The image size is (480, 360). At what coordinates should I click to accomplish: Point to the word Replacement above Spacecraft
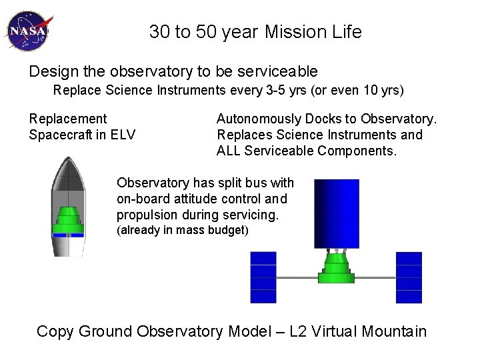click(x=67, y=119)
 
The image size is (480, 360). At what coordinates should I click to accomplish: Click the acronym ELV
click(x=122, y=135)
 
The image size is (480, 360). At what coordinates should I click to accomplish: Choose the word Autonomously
click(x=259, y=119)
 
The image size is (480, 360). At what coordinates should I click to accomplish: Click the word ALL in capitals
click(x=230, y=151)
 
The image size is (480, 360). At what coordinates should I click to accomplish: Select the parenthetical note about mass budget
click(x=182, y=231)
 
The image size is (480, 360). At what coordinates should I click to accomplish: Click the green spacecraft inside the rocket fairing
click(x=68, y=221)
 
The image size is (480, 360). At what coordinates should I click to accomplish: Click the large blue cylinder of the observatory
click(x=336, y=213)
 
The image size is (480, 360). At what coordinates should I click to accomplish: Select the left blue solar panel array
click(x=263, y=277)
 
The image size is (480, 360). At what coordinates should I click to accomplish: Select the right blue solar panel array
click(x=409, y=277)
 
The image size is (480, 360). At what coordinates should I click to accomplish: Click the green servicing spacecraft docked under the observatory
click(x=336, y=267)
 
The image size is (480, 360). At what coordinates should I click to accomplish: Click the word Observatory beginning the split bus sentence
click(x=154, y=183)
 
